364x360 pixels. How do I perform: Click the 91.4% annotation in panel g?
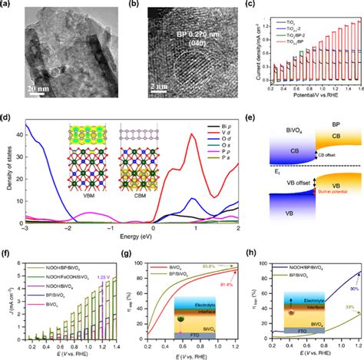tap(221, 285)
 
